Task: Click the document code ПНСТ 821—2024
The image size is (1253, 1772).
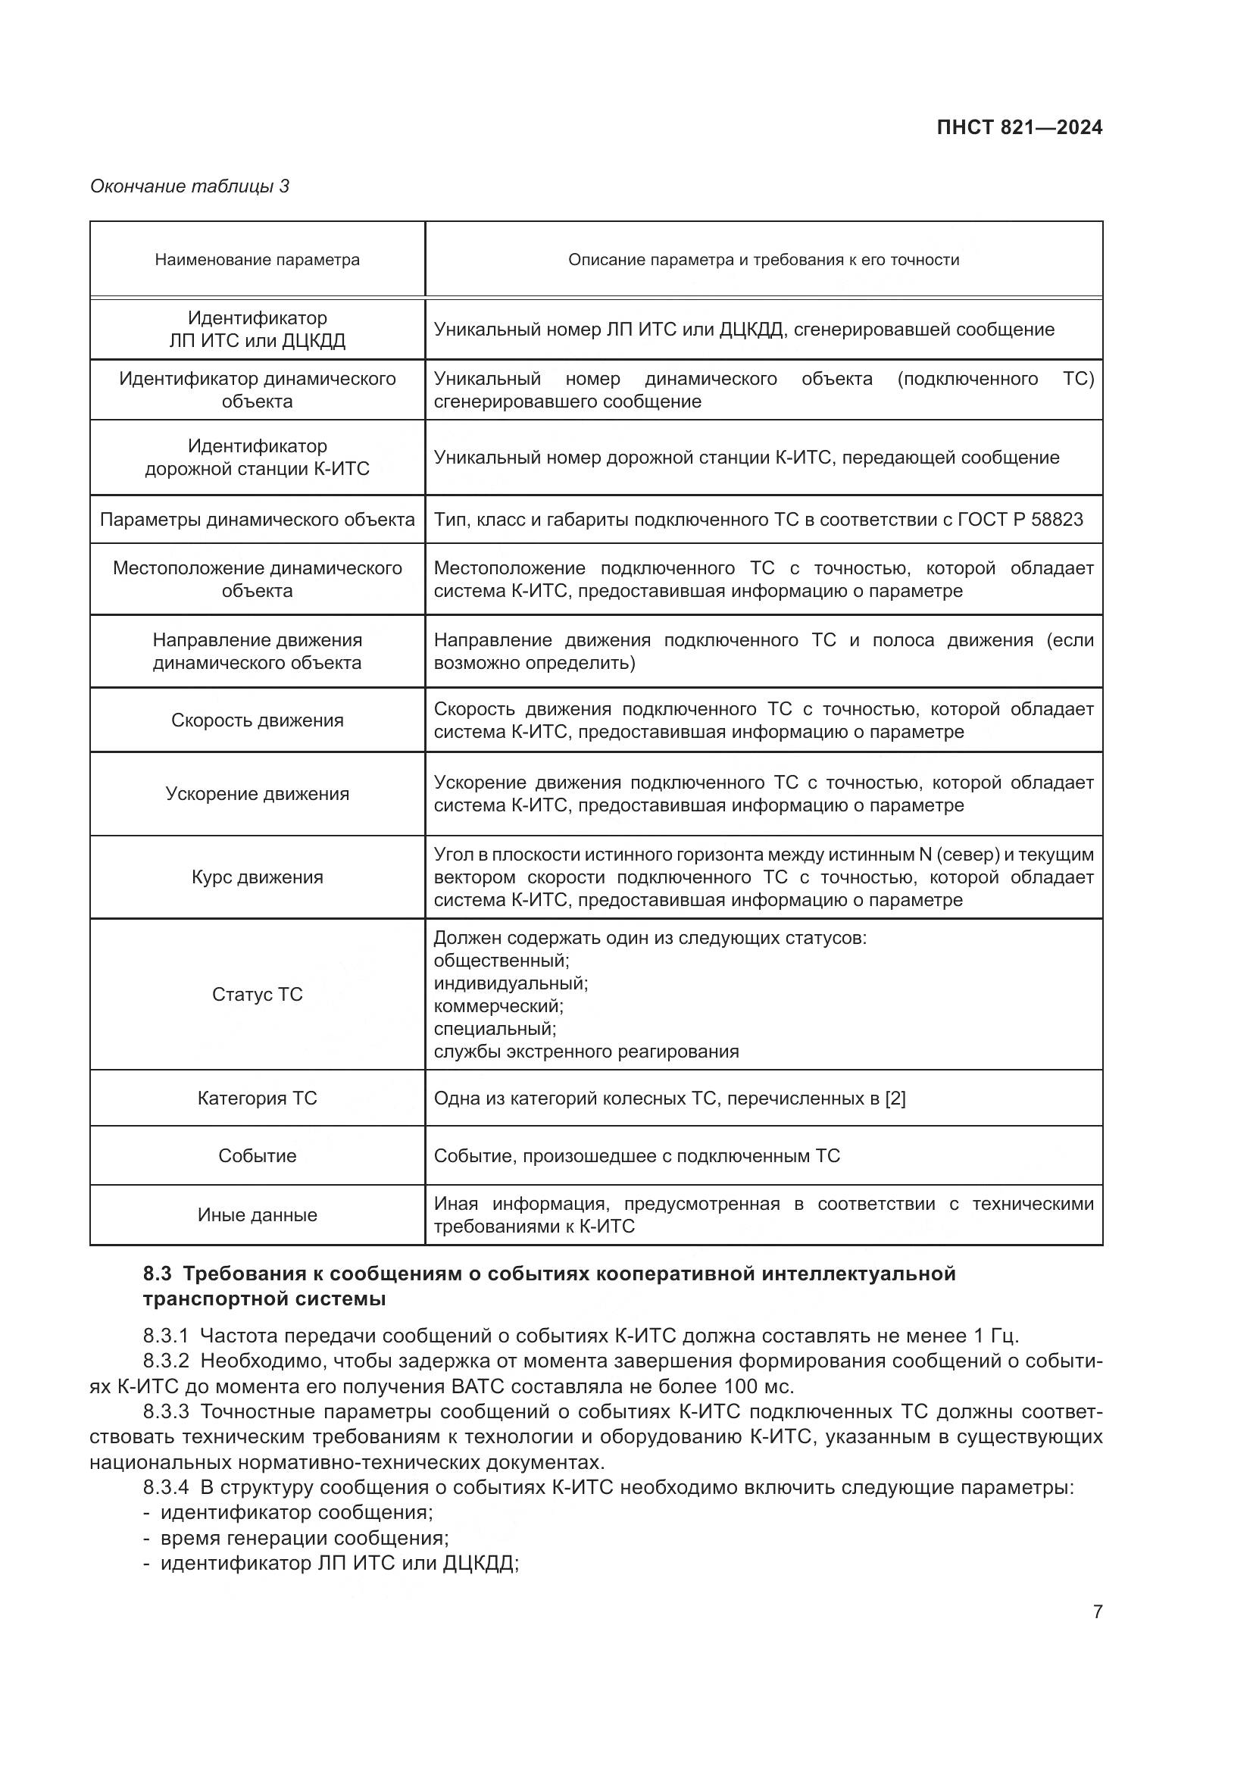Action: pyautogui.click(x=1019, y=128)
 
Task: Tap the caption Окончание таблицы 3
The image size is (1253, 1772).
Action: pyautogui.click(x=190, y=186)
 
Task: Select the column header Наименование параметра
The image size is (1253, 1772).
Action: pyautogui.click(x=257, y=260)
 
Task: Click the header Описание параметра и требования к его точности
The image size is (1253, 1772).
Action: pyautogui.click(x=763, y=260)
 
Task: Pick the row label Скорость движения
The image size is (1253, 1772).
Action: pyautogui.click(x=257, y=720)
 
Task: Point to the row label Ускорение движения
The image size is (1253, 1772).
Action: pyautogui.click(x=257, y=794)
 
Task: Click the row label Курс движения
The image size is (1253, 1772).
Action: pyautogui.click(x=257, y=877)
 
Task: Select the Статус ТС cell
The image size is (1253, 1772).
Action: pyautogui.click(x=257, y=994)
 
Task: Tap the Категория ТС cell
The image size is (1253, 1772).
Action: pyautogui.click(x=257, y=1099)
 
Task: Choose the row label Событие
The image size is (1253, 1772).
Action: pyautogui.click(x=257, y=1155)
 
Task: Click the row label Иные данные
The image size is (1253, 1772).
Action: pyautogui.click(x=257, y=1214)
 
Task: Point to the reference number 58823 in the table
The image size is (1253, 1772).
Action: pyautogui.click(x=1057, y=520)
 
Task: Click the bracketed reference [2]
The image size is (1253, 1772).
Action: pyautogui.click(x=895, y=1099)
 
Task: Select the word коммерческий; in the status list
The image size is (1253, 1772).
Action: pyautogui.click(x=498, y=1006)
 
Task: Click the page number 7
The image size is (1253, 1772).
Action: pyautogui.click(x=1097, y=1611)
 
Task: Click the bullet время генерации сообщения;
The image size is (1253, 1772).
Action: pyautogui.click(x=304, y=1538)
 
